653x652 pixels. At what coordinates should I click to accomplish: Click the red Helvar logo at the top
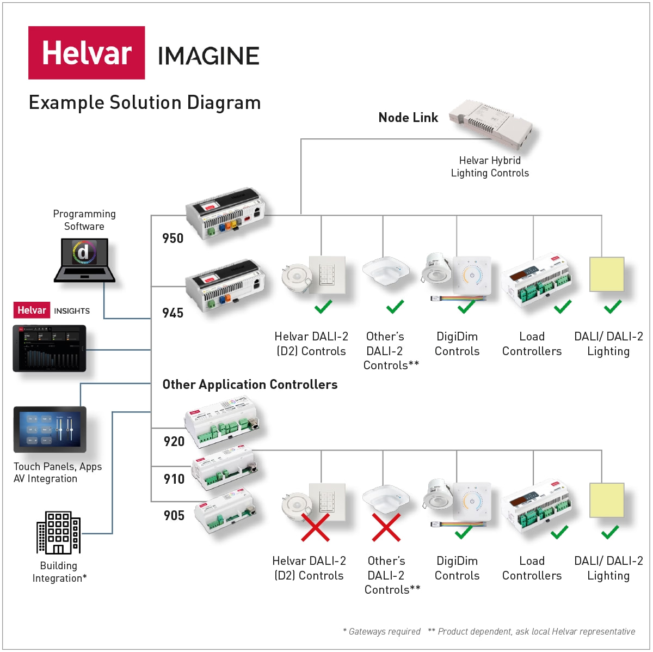tap(87, 53)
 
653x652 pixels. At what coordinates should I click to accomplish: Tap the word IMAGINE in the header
tap(208, 56)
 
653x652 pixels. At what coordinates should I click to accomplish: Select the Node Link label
tap(408, 118)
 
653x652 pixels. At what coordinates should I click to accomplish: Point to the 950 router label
tap(173, 238)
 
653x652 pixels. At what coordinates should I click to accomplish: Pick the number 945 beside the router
tap(173, 313)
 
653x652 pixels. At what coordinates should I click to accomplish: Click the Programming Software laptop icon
tap(84, 260)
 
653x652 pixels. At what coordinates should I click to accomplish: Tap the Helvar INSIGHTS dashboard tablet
tap(50, 349)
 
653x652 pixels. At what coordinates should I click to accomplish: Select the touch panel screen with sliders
tap(50, 429)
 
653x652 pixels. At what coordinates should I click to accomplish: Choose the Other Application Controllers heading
tap(250, 385)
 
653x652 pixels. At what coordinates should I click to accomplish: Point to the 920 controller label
tap(174, 441)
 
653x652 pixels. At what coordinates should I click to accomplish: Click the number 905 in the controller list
tap(174, 515)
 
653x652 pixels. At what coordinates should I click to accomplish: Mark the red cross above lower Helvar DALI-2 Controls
tap(316, 527)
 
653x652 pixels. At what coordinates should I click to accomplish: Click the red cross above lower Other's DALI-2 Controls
tap(386, 527)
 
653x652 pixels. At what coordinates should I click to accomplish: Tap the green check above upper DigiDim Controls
tap(466, 307)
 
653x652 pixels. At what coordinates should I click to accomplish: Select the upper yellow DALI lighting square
tap(607, 275)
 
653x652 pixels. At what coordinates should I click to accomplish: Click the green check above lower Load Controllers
tap(559, 532)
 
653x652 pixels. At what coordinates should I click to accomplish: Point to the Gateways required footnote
tap(381, 631)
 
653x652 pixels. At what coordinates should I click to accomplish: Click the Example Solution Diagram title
tap(145, 102)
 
